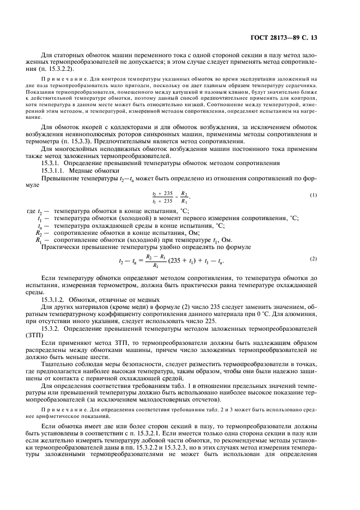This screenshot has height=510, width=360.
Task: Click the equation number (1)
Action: pyautogui.click(x=313, y=195)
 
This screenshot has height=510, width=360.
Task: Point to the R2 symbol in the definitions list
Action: pyautogui.click(x=39, y=232)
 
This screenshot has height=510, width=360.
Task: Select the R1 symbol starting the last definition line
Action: pyautogui.click(x=39, y=239)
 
